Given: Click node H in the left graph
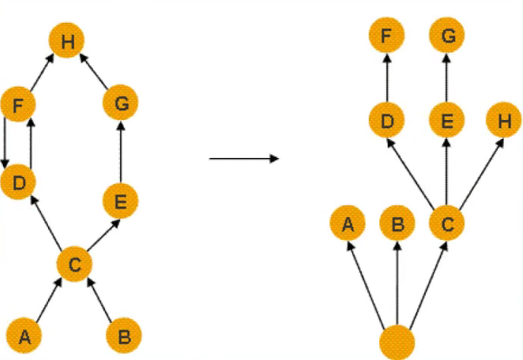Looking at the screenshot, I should coord(68,43).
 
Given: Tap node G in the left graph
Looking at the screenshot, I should coord(121,105).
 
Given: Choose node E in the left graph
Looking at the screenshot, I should coord(121,202).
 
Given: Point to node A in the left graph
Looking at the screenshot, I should coord(25,334).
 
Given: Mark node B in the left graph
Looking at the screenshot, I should coord(125,334).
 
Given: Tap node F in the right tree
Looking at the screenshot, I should coord(387,36).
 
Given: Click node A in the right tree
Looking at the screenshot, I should coord(348,224).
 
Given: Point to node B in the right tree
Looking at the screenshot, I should coord(397,224).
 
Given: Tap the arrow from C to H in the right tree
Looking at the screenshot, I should coord(475,172).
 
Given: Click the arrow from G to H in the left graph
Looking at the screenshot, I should coord(94,73).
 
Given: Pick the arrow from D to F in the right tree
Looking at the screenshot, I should coord(387,78).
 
